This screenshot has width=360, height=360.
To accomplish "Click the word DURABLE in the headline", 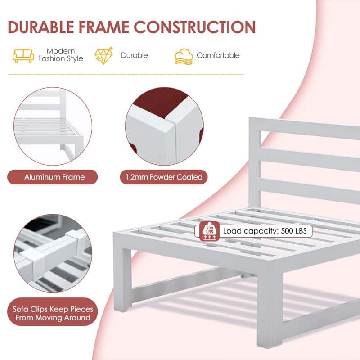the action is point(41,27).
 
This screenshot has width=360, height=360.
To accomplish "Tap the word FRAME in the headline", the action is point(104,27).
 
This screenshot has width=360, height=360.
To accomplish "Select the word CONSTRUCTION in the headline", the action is point(195,27).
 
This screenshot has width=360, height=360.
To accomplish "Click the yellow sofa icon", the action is point(23,56).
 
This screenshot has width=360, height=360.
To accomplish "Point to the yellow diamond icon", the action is point(104,55).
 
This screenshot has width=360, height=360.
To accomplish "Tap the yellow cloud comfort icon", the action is point(184,57).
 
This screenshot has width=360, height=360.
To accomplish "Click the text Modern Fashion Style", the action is point(61,55).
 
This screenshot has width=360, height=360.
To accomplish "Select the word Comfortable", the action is point(218,55).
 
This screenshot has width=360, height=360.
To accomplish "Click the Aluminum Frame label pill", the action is point(53,177).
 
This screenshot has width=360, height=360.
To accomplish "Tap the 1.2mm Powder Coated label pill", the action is point(164,177).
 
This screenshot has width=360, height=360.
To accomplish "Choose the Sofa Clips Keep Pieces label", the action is point(53,312).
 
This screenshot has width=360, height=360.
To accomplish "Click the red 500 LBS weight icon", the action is point(209,231).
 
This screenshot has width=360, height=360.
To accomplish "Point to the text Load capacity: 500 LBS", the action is point(265,231).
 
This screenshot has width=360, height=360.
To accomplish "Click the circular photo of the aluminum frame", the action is point(53,126).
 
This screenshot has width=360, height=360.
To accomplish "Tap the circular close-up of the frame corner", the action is point(164,126).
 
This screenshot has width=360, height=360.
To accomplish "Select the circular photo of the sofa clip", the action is point(53,253).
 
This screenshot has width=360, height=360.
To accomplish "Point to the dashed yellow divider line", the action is point(126,74).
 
